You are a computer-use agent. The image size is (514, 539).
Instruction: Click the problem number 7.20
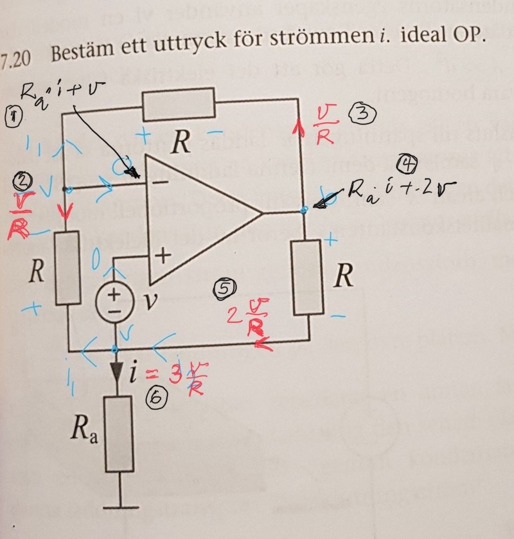point(17,57)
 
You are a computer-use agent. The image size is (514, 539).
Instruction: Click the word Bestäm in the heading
point(84,53)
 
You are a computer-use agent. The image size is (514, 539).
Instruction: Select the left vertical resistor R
point(68,267)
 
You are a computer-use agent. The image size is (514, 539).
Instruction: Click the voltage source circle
point(114,299)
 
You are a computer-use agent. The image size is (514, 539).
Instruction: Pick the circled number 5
point(224,288)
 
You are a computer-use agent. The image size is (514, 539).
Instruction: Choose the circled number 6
point(157,398)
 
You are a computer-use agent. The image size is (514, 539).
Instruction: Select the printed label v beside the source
point(152,300)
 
